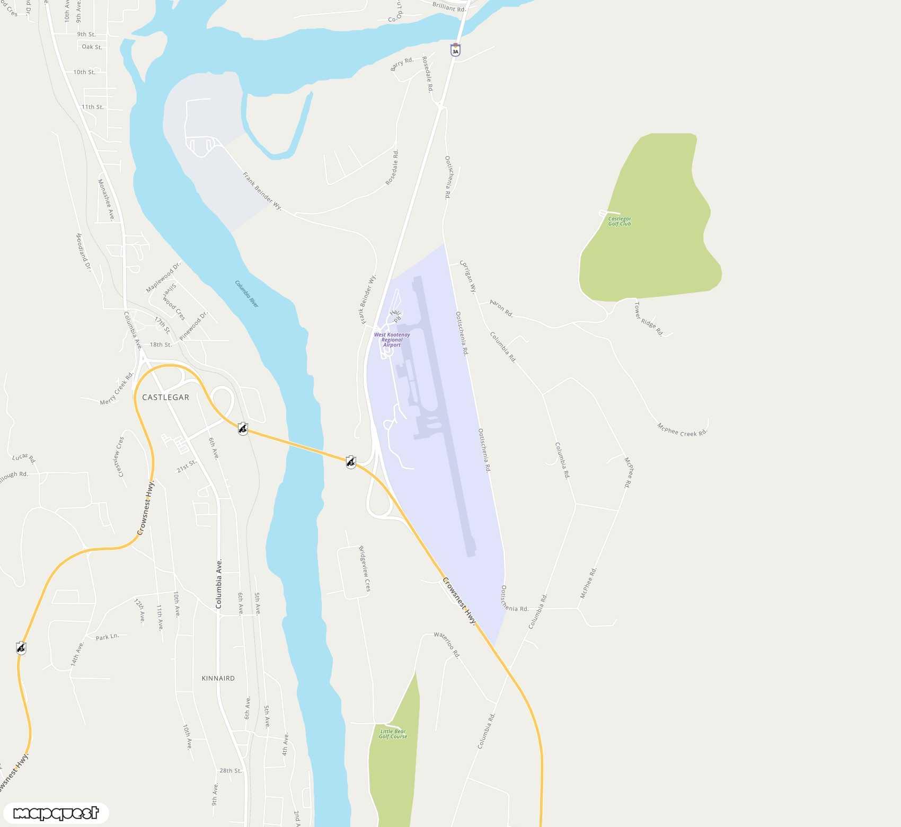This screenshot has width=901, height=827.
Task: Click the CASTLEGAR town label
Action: click(165, 397)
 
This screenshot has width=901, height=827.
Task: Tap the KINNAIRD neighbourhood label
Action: click(218, 678)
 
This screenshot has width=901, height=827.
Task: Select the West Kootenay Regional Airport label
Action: click(392, 340)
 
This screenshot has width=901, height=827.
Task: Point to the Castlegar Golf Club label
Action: click(619, 221)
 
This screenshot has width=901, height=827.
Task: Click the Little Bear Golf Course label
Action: click(393, 734)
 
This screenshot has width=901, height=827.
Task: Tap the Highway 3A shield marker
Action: click(455, 50)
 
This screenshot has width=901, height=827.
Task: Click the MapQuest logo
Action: click(56, 813)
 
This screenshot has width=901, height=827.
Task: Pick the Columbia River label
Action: click(247, 294)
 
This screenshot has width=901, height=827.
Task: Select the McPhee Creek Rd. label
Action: click(682, 430)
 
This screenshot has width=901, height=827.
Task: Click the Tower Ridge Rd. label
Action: click(648, 319)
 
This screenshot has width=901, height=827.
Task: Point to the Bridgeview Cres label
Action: click(365, 569)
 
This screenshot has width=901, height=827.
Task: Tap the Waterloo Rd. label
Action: click(447, 644)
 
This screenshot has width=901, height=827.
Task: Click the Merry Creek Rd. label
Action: click(117, 389)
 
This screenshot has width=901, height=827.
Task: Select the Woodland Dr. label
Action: click(83, 252)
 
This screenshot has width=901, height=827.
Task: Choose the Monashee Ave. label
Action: click(106, 199)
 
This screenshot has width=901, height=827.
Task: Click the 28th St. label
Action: click(231, 771)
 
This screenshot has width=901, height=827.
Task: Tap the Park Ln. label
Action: click(107, 637)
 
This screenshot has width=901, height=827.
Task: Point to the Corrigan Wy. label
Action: click(467, 276)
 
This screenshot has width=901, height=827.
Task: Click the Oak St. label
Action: click(92, 47)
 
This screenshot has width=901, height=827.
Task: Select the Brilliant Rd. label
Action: click(449, 7)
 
